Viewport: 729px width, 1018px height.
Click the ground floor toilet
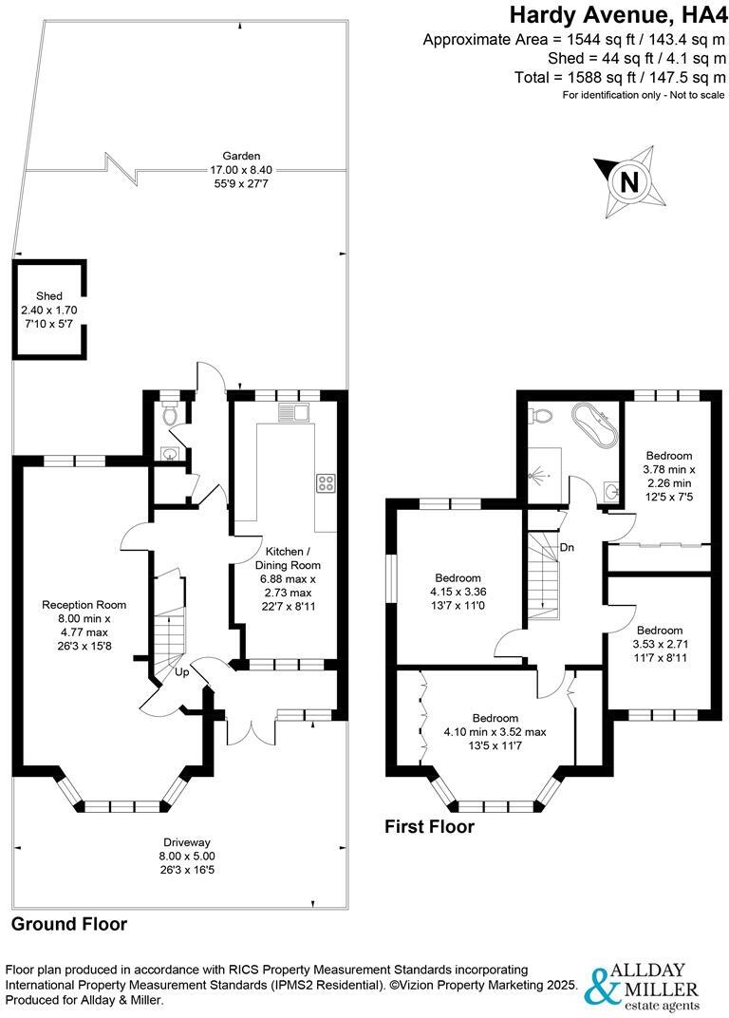pos(169,414)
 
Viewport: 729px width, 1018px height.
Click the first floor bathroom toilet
pos(542,415)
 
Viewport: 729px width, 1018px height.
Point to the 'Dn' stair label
pos(566,548)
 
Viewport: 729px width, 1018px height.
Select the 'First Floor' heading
pos(429,827)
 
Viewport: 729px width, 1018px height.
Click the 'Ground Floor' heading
pos(69,924)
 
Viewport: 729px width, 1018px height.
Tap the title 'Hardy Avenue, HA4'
pos(617,14)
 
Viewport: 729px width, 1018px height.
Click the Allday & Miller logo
pos(645,988)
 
